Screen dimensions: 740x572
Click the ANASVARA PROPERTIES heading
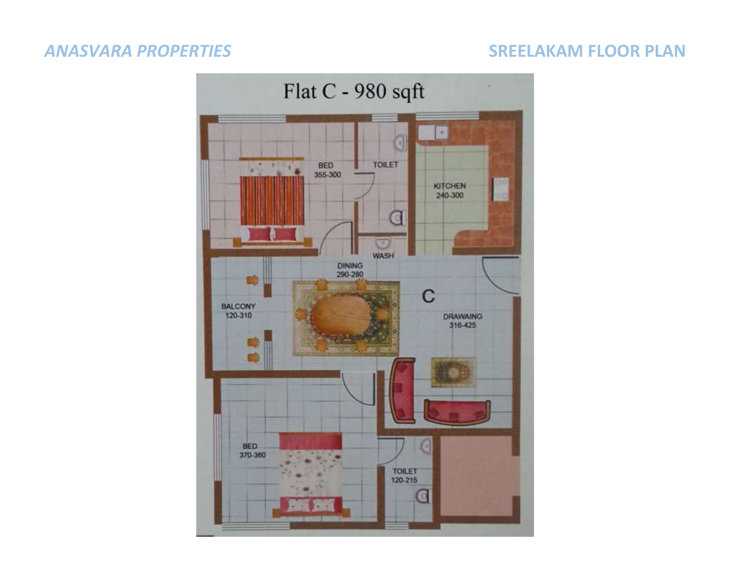point(137,51)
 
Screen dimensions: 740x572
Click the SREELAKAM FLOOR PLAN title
point(587,51)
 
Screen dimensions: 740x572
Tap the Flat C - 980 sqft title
point(354,92)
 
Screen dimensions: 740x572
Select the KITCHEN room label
point(450,186)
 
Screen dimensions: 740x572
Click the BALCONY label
point(238,306)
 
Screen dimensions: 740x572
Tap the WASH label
point(383,256)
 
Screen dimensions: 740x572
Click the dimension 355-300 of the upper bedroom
point(327,175)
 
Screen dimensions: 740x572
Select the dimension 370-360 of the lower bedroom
point(252,455)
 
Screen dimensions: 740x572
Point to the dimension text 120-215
point(404,480)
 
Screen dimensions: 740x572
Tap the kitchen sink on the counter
point(433,133)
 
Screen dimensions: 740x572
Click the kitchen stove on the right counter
point(501,189)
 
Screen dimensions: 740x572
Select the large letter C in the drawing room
point(428,296)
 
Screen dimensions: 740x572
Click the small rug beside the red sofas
point(454,372)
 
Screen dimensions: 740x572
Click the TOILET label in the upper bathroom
point(386,165)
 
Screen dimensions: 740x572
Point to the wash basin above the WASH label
point(383,243)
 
